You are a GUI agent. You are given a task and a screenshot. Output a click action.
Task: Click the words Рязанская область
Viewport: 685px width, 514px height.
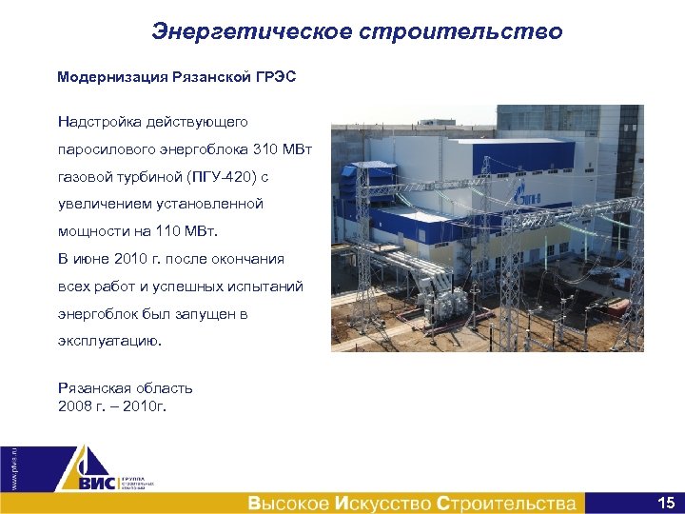(125, 388)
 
